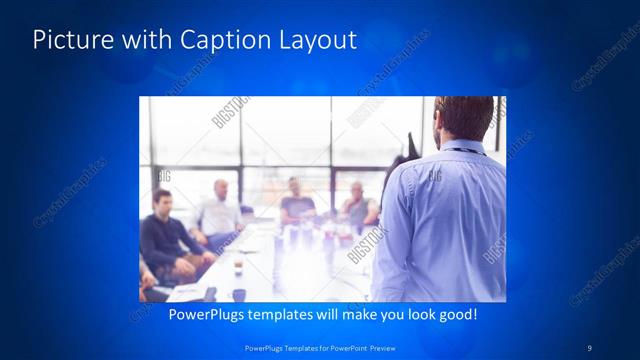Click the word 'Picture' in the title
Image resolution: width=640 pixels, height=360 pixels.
[70, 40]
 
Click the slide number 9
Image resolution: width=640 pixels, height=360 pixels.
[590, 347]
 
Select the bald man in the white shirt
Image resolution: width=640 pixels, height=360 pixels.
[219, 211]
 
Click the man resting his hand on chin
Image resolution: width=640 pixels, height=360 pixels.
[358, 205]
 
